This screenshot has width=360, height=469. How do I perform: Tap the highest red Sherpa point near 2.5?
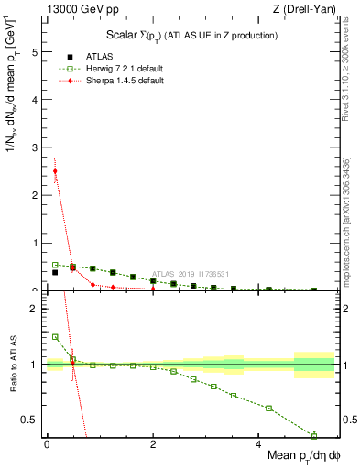pyautogui.click(x=55, y=170)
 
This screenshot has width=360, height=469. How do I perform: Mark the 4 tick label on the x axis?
pyautogui.click(x=258, y=443)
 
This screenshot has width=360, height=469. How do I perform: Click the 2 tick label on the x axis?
pyautogui.click(x=152, y=443)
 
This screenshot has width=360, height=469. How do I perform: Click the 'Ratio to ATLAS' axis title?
pyautogui.click(x=13, y=365)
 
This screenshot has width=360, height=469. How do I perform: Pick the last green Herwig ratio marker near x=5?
pyautogui.click(x=313, y=435)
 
